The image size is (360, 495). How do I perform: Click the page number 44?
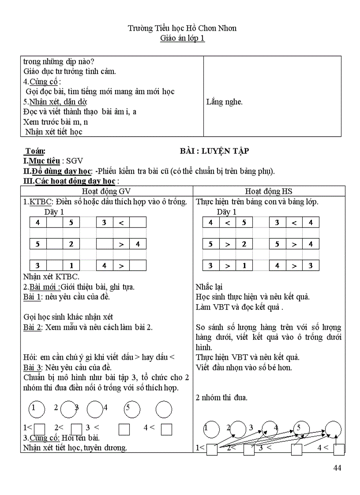pos(337,468)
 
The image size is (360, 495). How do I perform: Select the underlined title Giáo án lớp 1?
pos(182,38)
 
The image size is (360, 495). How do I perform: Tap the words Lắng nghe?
pos(224,102)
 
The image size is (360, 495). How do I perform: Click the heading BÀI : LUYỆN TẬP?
pos(214,151)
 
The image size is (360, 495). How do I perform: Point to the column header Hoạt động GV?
pos(106,191)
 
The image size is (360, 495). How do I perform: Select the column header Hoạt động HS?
pos(269,191)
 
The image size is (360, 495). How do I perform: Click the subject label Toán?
pos(35,151)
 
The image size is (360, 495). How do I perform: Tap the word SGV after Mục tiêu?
pos(75,161)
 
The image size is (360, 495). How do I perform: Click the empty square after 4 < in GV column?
pos(166,429)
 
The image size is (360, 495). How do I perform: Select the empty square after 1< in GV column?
pos(40,429)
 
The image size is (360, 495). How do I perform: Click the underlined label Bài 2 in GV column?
pos(32,327)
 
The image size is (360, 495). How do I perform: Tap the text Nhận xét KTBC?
pos(51,277)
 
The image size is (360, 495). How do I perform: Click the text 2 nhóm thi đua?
pos(221,398)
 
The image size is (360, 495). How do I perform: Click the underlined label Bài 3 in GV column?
pos(32,367)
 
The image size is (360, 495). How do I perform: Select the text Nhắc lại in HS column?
pos(209,287)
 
